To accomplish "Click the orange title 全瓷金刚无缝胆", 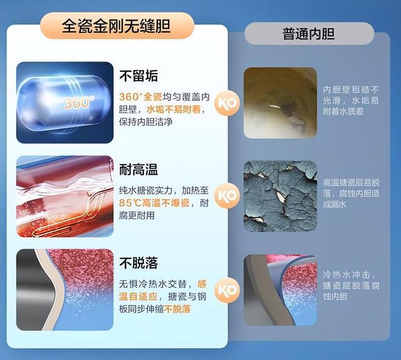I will coord(117,26).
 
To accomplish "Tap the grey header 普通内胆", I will coord(308,33).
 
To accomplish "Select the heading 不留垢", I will coord(138,76).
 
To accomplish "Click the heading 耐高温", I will coord(138,168).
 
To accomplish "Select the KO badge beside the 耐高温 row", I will coord(226,196).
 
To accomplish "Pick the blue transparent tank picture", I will coord(65,103).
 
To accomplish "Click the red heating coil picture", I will coord(65,196).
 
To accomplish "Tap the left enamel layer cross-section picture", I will coord(65,289).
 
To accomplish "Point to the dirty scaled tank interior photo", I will coord(280,103).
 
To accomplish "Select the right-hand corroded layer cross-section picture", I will coord(280,289).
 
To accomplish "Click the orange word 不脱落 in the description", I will coord(177,309).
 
